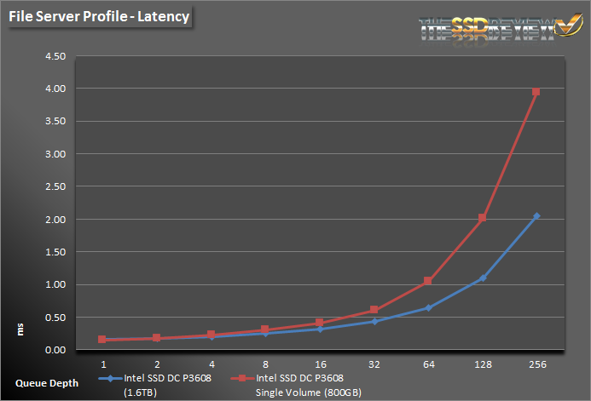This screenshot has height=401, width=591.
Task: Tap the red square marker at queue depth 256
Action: tap(536, 92)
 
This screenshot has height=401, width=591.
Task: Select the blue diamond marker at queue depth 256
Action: tap(536, 216)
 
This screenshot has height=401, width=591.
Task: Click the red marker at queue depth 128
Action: tap(482, 218)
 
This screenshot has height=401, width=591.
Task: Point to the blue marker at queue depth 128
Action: tap(482, 278)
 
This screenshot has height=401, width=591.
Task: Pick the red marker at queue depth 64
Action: tap(428, 281)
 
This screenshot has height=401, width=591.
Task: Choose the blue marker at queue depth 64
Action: tap(428, 308)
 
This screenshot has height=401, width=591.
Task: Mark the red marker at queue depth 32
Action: tap(374, 310)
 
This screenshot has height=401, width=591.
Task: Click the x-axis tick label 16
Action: tap(319, 363)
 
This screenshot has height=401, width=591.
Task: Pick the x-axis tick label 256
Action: tap(536, 363)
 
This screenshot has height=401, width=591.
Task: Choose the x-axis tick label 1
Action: tap(102, 363)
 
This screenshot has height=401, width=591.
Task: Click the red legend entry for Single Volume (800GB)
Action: tap(303, 382)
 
